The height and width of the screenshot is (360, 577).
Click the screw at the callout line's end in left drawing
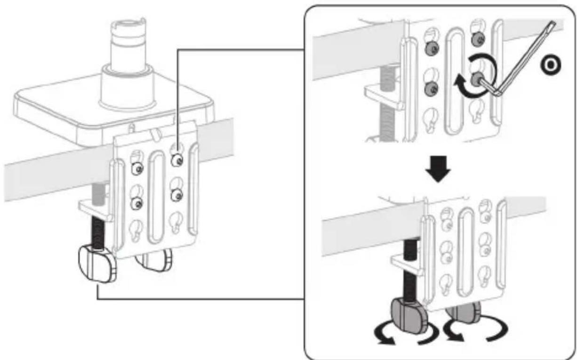[x=177, y=160]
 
